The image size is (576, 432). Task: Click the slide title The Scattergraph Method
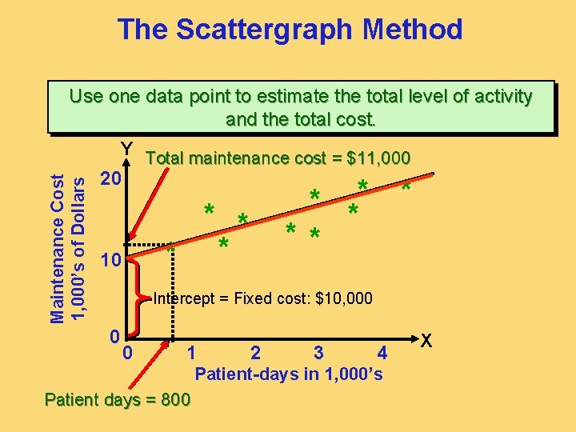pos(290,30)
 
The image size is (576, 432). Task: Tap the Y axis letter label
pos(126,150)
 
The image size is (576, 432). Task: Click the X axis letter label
pos(427,339)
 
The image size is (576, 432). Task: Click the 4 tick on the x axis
pos(382,352)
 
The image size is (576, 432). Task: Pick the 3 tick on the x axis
pos(318,352)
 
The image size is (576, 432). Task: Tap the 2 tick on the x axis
pos(255,352)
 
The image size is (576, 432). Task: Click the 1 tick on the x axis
pos(191,352)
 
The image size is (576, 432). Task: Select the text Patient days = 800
pos(118,399)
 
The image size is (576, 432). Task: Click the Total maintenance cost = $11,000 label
pos(278,158)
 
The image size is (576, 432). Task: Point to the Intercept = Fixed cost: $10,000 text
pos(262,299)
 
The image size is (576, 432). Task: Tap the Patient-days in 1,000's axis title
pos(289,374)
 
